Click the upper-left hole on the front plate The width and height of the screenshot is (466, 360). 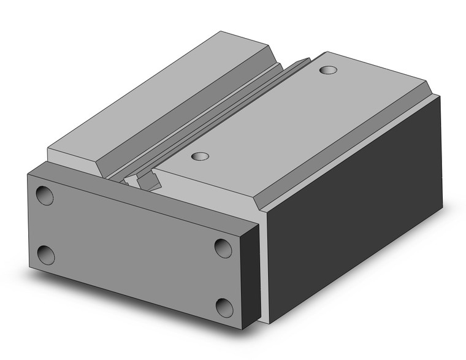click(45, 196)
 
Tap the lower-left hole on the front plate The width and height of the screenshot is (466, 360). click(45, 255)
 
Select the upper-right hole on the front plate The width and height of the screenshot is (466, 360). click(223, 248)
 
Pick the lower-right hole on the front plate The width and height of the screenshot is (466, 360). click(224, 306)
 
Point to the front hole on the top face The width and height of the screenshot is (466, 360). click(198, 157)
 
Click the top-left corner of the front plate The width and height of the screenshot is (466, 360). click(27, 174)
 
